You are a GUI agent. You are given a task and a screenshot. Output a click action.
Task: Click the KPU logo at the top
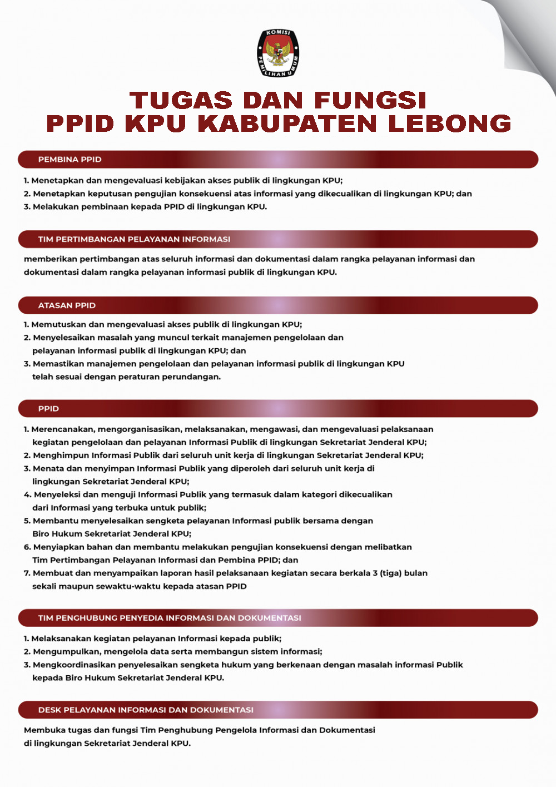click(x=278, y=53)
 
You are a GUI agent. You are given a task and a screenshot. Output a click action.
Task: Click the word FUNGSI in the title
click(x=370, y=101)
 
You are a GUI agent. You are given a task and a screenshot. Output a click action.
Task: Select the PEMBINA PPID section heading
click(x=69, y=160)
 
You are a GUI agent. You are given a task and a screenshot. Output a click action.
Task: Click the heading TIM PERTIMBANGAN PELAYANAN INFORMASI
click(x=134, y=239)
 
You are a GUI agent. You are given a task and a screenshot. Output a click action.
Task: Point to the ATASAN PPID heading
click(x=67, y=305)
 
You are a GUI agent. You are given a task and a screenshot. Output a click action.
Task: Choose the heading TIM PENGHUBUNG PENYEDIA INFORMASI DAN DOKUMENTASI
click(x=170, y=618)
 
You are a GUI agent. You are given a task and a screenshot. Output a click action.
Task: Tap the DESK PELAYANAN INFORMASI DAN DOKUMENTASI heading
click(x=146, y=710)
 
